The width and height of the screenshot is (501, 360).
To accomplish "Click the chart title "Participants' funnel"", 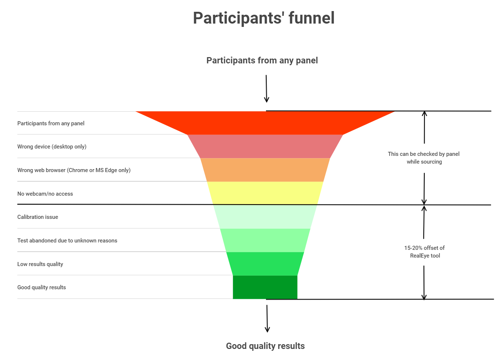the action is click(264, 18).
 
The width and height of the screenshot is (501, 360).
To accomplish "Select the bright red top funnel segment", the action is click(265, 123).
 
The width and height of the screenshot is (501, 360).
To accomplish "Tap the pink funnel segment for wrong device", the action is click(265, 146).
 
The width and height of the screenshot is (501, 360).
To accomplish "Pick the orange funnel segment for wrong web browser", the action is click(265, 170).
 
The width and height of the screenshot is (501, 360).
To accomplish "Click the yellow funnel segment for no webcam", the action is click(265, 193).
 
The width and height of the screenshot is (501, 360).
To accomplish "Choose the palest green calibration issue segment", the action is click(265, 217).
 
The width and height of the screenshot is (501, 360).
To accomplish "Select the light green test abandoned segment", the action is click(265, 240).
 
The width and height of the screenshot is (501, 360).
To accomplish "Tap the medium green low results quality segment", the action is click(265, 264).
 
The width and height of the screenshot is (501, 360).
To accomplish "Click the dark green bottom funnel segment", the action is click(265, 287).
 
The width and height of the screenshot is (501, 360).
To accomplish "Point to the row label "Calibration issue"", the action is click(38, 217).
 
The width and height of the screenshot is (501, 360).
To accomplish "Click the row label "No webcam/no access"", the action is click(45, 194).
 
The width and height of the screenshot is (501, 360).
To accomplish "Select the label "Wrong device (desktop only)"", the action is click(52, 147).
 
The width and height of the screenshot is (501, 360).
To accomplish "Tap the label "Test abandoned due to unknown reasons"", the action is click(67, 241).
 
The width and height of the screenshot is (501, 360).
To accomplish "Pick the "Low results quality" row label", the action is click(40, 264).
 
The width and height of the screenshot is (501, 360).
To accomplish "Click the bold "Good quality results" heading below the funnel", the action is click(265, 346).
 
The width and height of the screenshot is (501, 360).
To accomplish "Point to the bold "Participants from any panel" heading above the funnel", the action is click(262, 60).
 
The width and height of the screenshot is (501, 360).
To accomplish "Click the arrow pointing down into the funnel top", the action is click(266, 88).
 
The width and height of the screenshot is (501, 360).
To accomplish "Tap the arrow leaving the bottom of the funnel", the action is click(267, 319).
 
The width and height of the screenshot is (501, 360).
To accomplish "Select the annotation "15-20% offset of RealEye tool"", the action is click(424, 252).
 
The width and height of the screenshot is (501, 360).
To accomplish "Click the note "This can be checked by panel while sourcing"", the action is click(424, 158).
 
